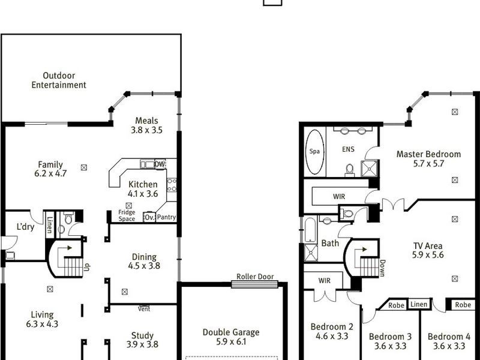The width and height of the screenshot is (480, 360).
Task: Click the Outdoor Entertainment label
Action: [x=59, y=80]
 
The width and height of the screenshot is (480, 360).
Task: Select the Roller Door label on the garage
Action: [x=255, y=277]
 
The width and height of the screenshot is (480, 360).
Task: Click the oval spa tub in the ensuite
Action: [x=315, y=151]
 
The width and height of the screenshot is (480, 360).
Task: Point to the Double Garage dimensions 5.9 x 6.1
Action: [x=231, y=342]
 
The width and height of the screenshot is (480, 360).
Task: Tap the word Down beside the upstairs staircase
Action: [x=382, y=268]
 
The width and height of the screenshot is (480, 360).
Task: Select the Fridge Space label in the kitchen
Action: [x=127, y=215]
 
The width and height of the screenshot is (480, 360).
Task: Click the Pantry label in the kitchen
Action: [x=166, y=217]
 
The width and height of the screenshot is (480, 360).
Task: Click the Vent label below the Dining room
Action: [x=144, y=309]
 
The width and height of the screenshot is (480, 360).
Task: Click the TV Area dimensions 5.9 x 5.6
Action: [x=428, y=255]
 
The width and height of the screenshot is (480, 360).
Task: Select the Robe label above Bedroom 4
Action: [x=463, y=305]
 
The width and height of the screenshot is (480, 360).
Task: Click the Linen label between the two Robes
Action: [x=419, y=305]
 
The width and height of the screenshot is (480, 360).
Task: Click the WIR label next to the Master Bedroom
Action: [x=339, y=196]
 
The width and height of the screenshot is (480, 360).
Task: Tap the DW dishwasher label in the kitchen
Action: [x=160, y=164]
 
